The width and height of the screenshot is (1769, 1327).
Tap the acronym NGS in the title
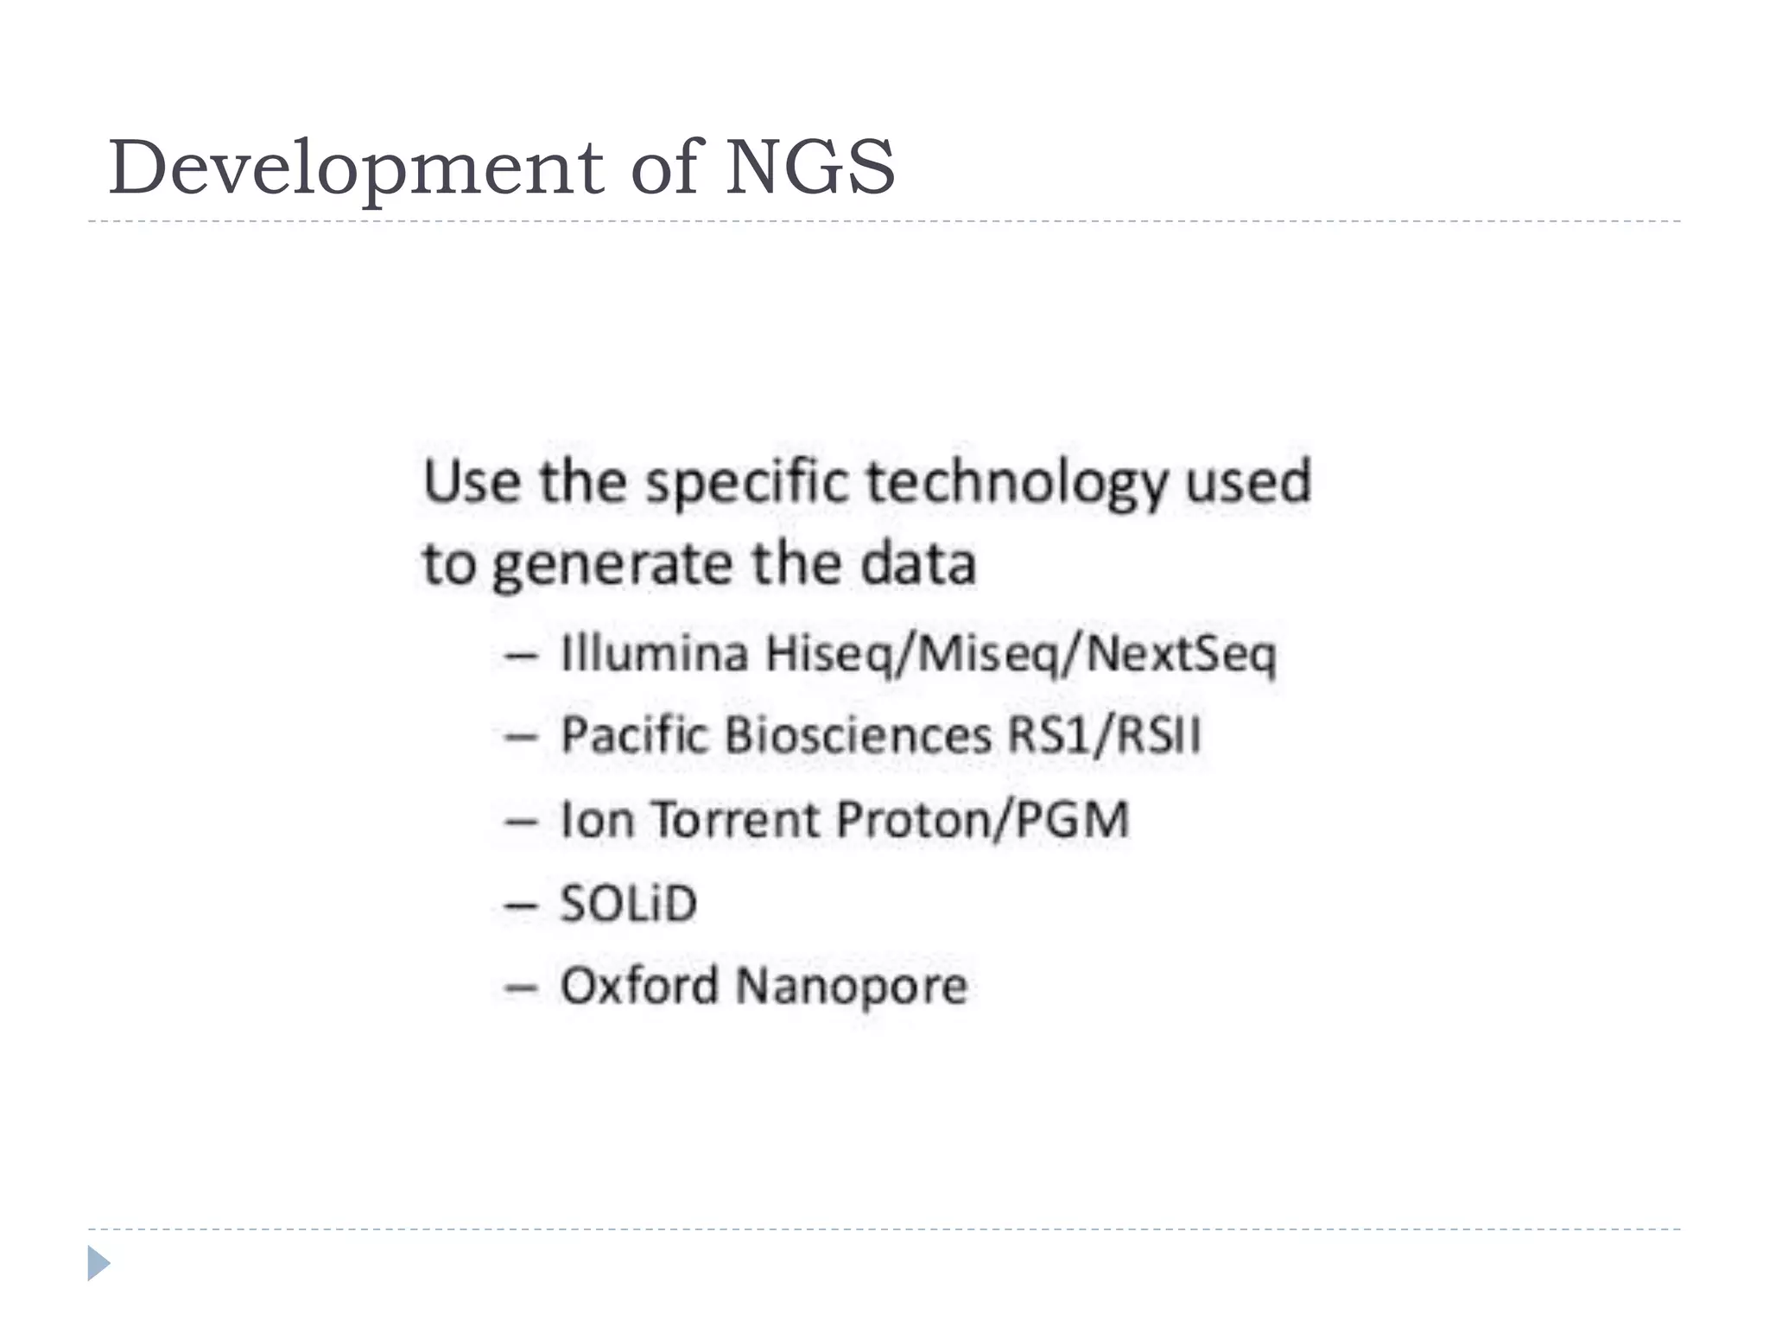pos(809,167)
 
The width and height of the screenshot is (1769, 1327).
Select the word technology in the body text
pos(1016,483)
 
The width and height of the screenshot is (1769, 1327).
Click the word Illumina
pos(655,653)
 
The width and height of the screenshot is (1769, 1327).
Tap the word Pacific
pos(635,736)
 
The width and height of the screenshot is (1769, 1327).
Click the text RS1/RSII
pos(1104,736)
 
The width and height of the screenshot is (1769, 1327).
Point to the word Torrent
pos(734,819)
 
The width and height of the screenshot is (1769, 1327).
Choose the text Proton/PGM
pos(982,819)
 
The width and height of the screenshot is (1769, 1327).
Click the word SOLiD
pos(628,904)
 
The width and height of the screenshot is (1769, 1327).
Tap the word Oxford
pos(639,986)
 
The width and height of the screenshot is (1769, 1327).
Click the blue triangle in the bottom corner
pos(98,1263)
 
